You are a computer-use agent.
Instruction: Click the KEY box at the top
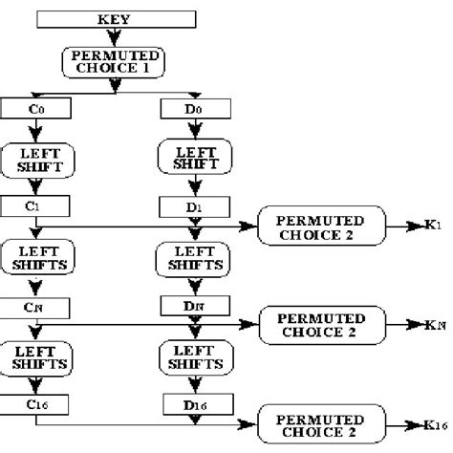pyautogui.click(x=117, y=18)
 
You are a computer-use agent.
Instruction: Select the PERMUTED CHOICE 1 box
pyautogui.click(x=115, y=63)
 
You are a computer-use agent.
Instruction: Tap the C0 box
pyautogui.click(x=36, y=108)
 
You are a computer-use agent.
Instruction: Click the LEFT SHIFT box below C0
pyautogui.click(x=36, y=158)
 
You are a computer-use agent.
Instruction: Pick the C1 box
pyautogui.click(x=36, y=205)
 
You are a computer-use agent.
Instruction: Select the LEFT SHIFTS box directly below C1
pyautogui.click(x=36, y=257)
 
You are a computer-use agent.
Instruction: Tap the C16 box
pyautogui.click(x=36, y=406)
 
